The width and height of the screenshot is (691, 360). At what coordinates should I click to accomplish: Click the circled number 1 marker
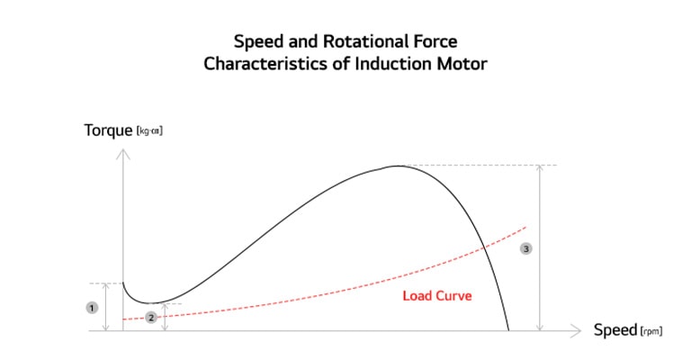(x=91, y=308)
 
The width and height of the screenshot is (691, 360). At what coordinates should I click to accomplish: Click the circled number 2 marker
(x=151, y=317)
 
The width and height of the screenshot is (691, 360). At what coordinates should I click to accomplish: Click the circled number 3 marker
(x=526, y=249)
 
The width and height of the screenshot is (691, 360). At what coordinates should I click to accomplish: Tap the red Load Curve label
(x=437, y=295)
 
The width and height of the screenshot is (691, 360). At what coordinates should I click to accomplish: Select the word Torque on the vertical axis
(x=108, y=130)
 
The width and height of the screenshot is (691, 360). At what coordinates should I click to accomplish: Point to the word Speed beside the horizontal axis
(x=615, y=330)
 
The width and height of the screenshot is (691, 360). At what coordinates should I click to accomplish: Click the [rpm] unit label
(x=651, y=331)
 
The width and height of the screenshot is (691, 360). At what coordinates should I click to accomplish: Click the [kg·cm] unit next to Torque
(x=149, y=131)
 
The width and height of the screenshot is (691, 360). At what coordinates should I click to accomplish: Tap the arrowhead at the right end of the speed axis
(x=579, y=331)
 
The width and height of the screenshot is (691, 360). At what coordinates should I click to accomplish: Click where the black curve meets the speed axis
(x=508, y=330)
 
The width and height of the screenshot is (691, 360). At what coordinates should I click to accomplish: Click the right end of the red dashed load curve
(x=525, y=225)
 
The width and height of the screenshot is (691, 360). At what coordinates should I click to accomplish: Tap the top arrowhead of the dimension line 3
(x=539, y=167)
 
